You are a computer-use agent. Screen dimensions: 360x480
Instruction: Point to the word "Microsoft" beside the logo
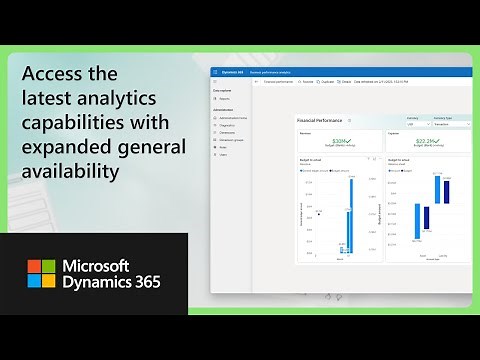[x=111, y=267]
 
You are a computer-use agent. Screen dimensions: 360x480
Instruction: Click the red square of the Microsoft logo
[x=34, y=267]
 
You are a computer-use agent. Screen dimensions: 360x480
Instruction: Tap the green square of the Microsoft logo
[x=49, y=267]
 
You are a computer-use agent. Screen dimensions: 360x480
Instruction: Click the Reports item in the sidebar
[x=225, y=98]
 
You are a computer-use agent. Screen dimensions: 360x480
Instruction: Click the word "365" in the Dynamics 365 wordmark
[x=141, y=284]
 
